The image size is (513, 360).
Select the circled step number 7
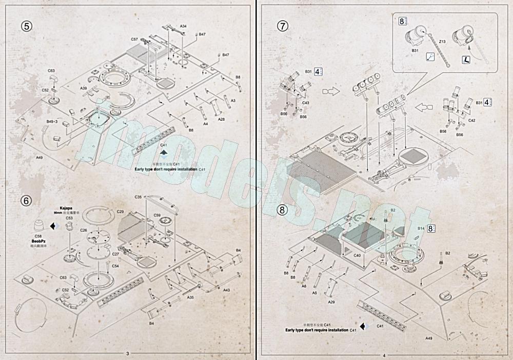tap(282, 26)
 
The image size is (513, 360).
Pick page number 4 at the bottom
tap(383, 353)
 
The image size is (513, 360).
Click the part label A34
tap(183, 26)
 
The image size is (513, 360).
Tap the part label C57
tap(134, 39)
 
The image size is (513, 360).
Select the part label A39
tap(83, 88)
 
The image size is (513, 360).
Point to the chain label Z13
tap(442, 41)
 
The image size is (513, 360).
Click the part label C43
tap(305, 103)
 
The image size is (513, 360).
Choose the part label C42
tap(472, 120)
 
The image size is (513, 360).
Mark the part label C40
tap(358, 255)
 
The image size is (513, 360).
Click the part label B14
tap(421, 228)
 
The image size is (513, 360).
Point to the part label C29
tap(121, 211)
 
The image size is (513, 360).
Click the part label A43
tap(226, 290)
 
